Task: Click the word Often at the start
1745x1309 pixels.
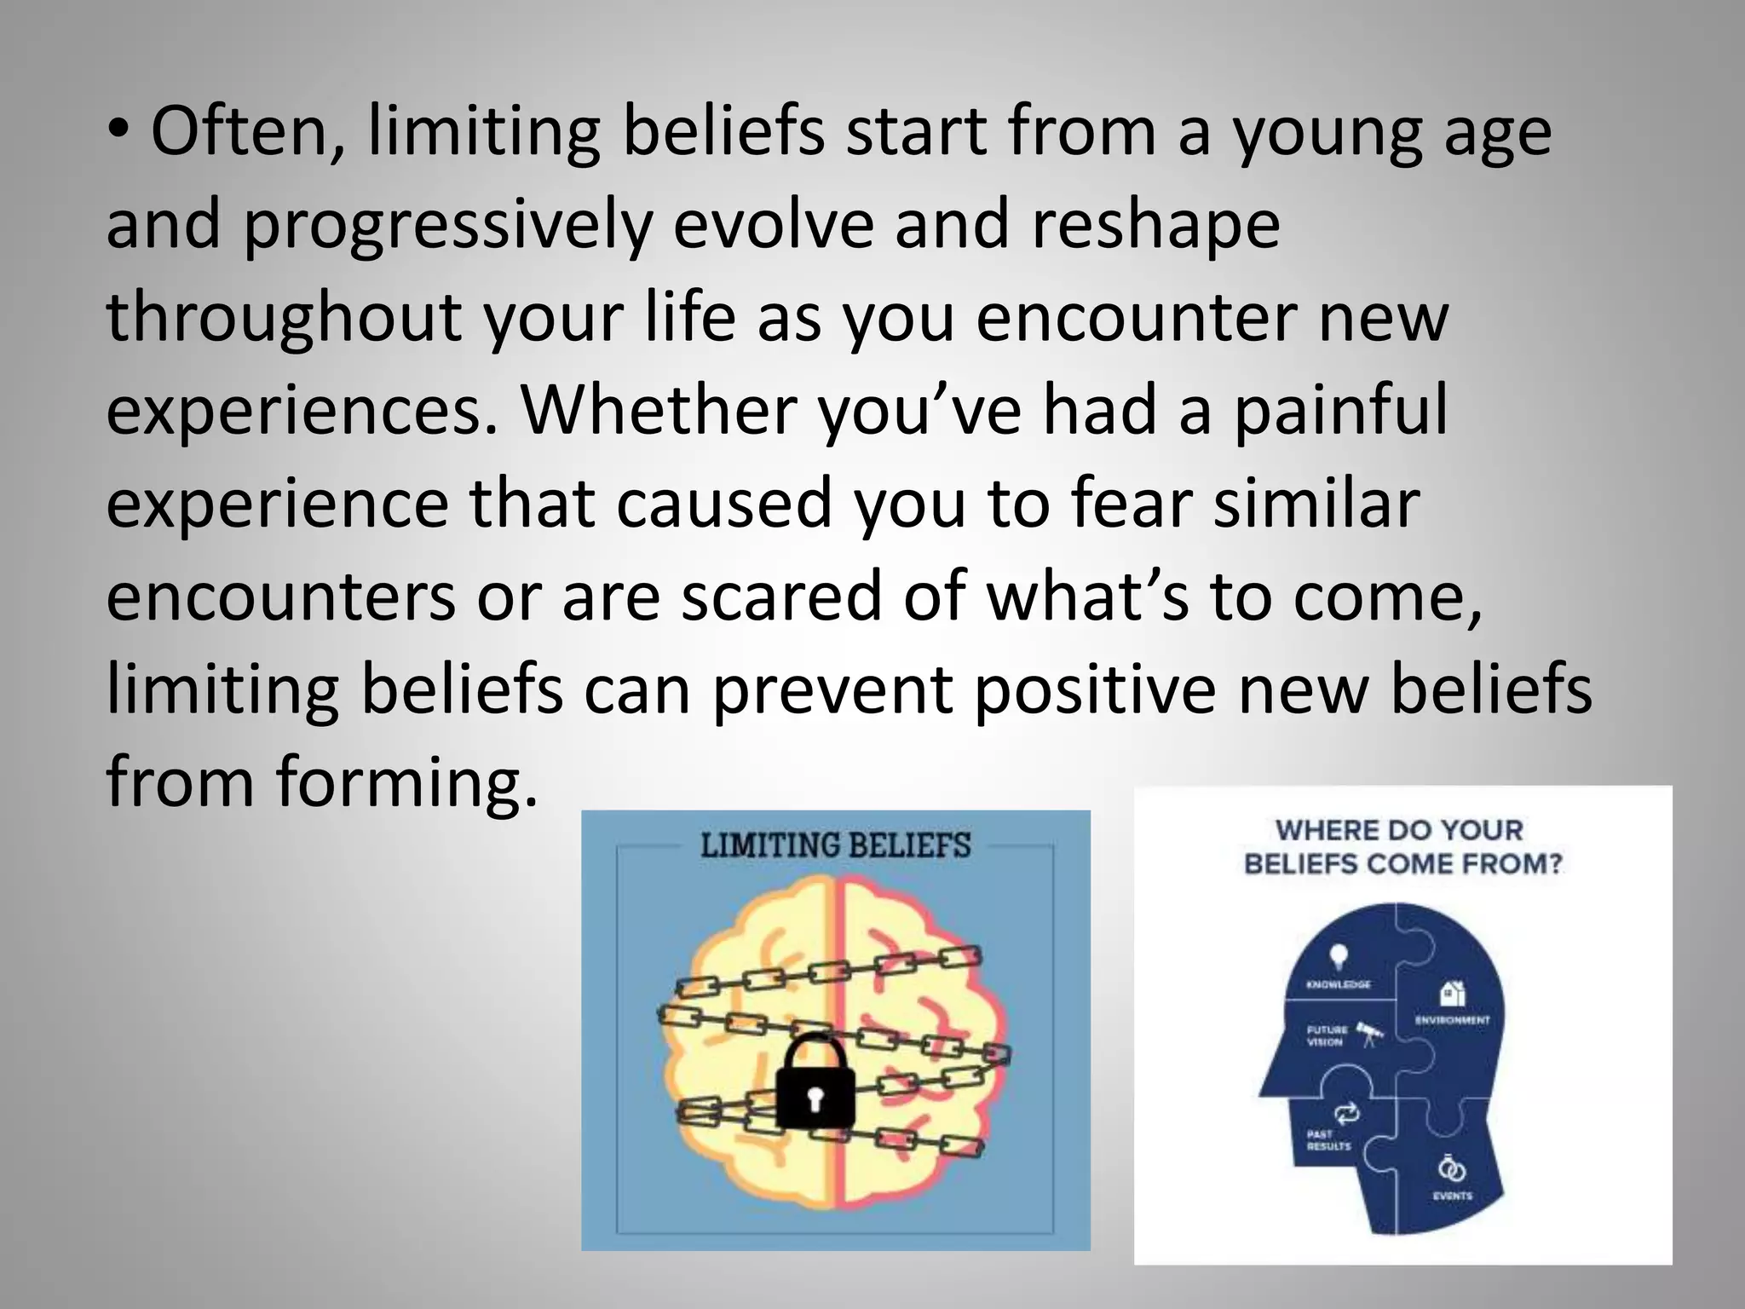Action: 247,133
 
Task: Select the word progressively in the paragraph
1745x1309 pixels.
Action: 447,226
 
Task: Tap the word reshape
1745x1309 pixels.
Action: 1155,226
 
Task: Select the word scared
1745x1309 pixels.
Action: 781,597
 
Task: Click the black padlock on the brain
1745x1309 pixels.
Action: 815,1083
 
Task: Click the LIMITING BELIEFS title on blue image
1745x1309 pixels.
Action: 835,845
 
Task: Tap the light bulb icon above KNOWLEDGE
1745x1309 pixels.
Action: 1339,954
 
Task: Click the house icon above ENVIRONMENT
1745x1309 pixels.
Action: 1452,993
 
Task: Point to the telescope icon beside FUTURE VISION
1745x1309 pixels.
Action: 1370,1034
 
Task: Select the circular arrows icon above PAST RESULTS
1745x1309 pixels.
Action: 1347,1113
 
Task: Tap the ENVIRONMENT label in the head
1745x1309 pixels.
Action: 1452,1020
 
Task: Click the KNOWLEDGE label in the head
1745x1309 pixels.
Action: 1339,984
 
